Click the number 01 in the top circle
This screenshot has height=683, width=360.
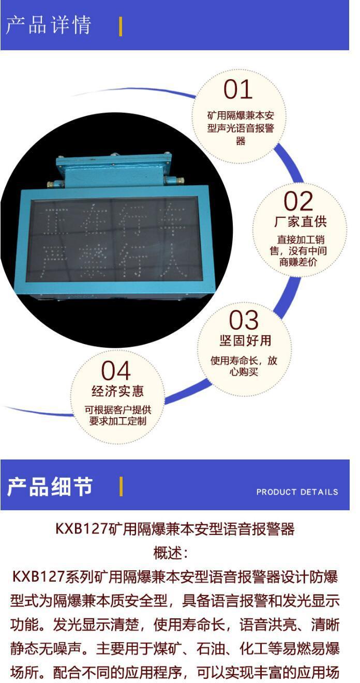(238, 90)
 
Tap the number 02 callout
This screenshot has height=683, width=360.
(298, 201)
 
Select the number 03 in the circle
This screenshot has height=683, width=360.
(243, 320)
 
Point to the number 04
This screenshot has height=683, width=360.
(116, 371)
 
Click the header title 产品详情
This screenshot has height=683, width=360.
(49, 25)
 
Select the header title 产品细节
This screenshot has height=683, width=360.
(50, 486)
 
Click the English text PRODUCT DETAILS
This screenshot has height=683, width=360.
(297, 492)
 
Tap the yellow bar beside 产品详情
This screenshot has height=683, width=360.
(121, 26)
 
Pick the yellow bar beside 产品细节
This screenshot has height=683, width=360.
(121, 486)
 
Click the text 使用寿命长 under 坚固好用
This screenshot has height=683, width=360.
(230, 361)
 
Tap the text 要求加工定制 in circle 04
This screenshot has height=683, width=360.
(118, 421)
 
